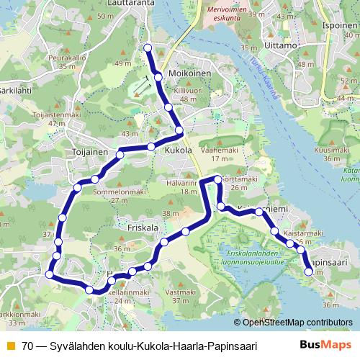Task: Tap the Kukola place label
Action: click(x=178, y=151)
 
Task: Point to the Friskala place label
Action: click(x=142, y=228)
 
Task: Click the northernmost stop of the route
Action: click(x=148, y=48)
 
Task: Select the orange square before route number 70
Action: click(x=11, y=346)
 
